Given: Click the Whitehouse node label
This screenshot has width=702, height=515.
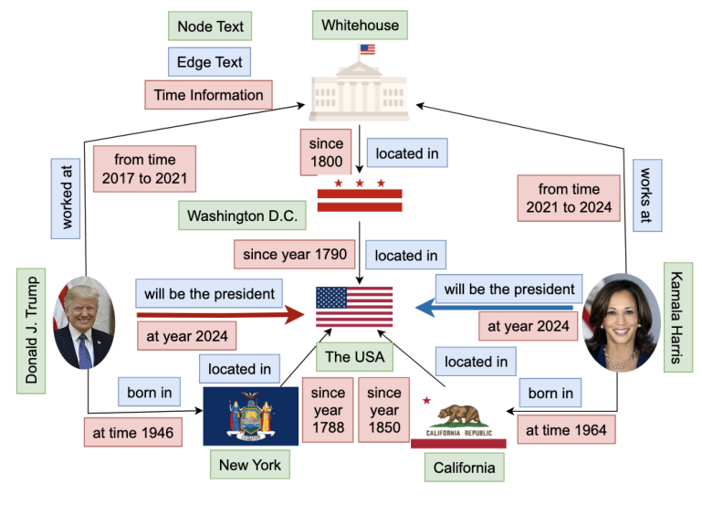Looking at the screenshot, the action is (360, 25).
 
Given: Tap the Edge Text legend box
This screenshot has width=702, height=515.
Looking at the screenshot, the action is (210, 62).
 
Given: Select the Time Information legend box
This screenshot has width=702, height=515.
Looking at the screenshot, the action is (209, 95).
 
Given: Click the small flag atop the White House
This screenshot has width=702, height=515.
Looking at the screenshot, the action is (367, 49).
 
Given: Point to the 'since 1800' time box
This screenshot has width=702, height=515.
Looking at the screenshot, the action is (326, 152).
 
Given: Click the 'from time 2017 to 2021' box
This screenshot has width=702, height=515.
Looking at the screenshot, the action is (144, 169).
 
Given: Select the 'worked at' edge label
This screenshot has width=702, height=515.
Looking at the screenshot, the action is (66, 198).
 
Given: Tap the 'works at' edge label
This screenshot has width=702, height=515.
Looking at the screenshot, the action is (647, 195).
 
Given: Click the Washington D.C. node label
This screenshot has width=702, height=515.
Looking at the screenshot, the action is (242, 215).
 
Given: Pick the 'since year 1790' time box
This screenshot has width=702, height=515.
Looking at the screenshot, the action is (295, 255).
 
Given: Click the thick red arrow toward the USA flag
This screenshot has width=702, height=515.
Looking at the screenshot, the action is (221, 315).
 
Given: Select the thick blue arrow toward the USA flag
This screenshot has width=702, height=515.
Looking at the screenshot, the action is (494, 308).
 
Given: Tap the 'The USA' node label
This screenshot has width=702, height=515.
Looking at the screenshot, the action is (354, 357).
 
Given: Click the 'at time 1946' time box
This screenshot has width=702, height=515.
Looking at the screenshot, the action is (133, 433).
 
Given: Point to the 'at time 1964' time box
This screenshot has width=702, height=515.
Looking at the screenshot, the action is (566, 430).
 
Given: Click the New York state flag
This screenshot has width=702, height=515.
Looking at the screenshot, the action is (251, 416).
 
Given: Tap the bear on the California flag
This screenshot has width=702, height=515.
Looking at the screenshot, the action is (460, 415).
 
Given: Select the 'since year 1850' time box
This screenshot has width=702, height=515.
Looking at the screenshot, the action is (384, 410).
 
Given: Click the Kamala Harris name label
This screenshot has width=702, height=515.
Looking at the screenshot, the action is (678, 318).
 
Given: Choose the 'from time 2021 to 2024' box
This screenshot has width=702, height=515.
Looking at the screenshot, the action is (569, 198).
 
